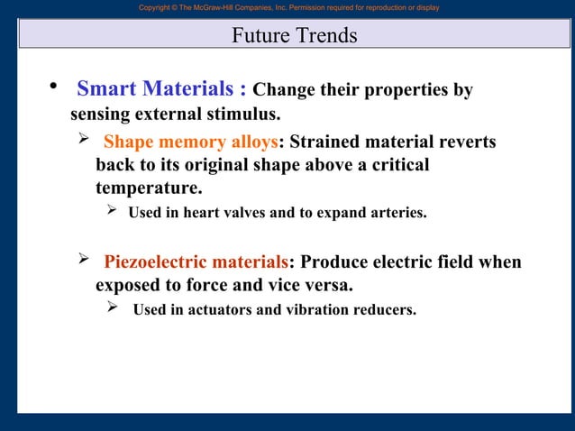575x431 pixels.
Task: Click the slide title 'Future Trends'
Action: pyautogui.click(x=294, y=36)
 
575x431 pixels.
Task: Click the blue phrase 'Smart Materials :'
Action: pyautogui.click(x=161, y=89)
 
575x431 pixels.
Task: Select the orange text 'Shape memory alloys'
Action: pyautogui.click(x=190, y=143)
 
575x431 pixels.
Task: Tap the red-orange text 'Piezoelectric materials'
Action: pyautogui.click(x=196, y=262)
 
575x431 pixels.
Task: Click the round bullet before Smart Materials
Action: pyautogui.click(x=52, y=87)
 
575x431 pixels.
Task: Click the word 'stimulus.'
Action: pyautogui.click(x=245, y=115)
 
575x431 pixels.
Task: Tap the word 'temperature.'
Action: pyautogui.click(x=149, y=189)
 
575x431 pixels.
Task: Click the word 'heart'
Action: pyautogui.click(x=200, y=214)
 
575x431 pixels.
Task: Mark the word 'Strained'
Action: pyautogui.click(x=326, y=143)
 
